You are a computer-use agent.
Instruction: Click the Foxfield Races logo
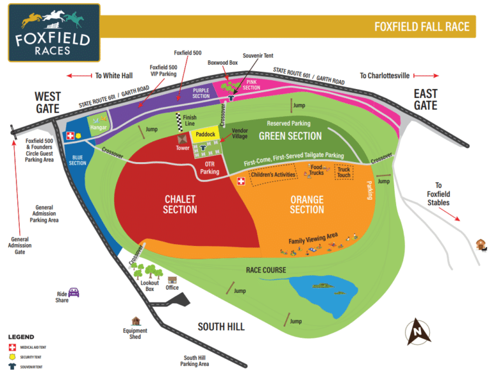(54, 32)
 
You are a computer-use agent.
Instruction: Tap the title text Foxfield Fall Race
(422, 27)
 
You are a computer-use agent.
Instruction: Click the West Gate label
(48, 101)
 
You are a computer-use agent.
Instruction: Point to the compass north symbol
(418, 330)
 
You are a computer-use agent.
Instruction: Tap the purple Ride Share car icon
(74, 293)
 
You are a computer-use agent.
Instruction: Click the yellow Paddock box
(206, 134)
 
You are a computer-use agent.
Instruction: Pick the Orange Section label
(307, 204)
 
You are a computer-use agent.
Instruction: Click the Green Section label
(290, 136)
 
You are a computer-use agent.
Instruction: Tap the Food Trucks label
(316, 171)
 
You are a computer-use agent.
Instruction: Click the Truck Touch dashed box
(344, 172)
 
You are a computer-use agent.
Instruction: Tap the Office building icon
(172, 279)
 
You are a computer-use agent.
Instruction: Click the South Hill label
(221, 327)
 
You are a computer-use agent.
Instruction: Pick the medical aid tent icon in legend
(11, 348)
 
